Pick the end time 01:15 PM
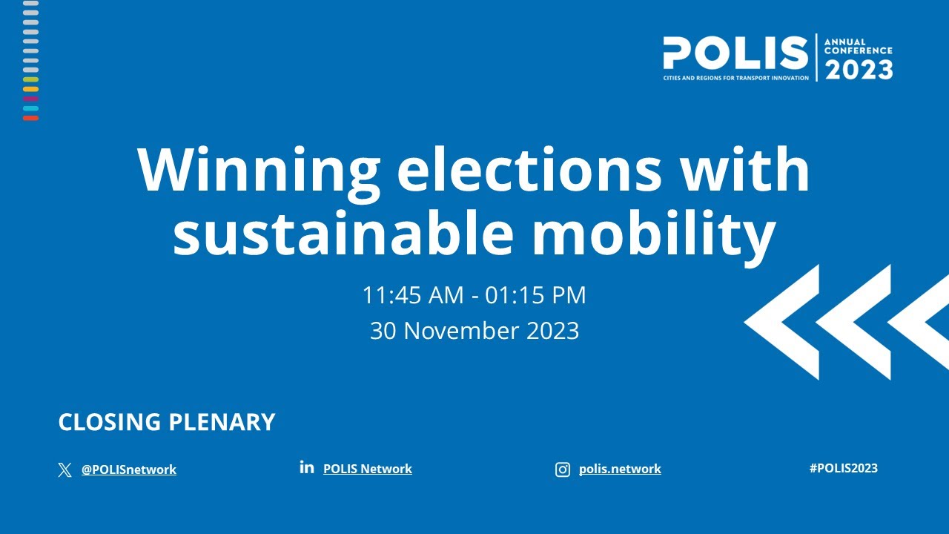point(535,295)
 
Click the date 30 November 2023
point(474,331)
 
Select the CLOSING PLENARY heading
point(167,422)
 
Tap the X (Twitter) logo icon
point(65,469)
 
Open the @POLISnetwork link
point(129,469)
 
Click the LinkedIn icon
point(307,467)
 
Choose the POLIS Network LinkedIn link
point(368,469)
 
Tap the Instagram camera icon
point(563,469)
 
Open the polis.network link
point(620,469)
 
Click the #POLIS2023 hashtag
point(844,468)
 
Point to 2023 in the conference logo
point(859,70)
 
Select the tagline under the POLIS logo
point(736,78)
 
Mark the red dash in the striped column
point(30,118)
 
